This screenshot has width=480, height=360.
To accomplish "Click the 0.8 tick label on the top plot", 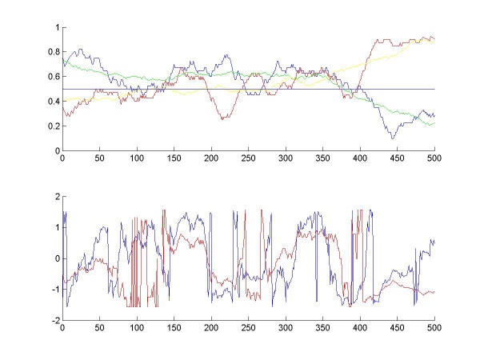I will click(x=54, y=52).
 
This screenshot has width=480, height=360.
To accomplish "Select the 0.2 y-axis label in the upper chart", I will click(x=54, y=126).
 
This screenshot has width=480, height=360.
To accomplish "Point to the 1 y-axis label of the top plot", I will click(x=58, y=27).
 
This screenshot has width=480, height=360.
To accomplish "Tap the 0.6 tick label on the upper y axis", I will click(x=54, y=77).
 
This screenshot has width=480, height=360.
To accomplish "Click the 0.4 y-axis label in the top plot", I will click(x=54, y=102).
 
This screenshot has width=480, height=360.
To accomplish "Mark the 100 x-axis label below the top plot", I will click(x=137, y=158).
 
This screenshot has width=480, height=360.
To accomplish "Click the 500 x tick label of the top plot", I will click(x=434, y=158).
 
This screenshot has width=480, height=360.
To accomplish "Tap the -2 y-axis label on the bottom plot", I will click(x=55, y=320).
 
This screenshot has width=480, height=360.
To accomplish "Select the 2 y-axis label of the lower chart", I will click(x=58, y=197).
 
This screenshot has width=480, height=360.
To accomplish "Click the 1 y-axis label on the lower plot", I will click(x=58, y=227).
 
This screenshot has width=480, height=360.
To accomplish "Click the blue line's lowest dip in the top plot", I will click(x=392, y=138).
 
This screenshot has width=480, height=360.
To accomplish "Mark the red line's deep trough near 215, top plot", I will click(x=223, y=118).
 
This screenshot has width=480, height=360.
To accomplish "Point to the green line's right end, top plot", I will click(x=434, y=123).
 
